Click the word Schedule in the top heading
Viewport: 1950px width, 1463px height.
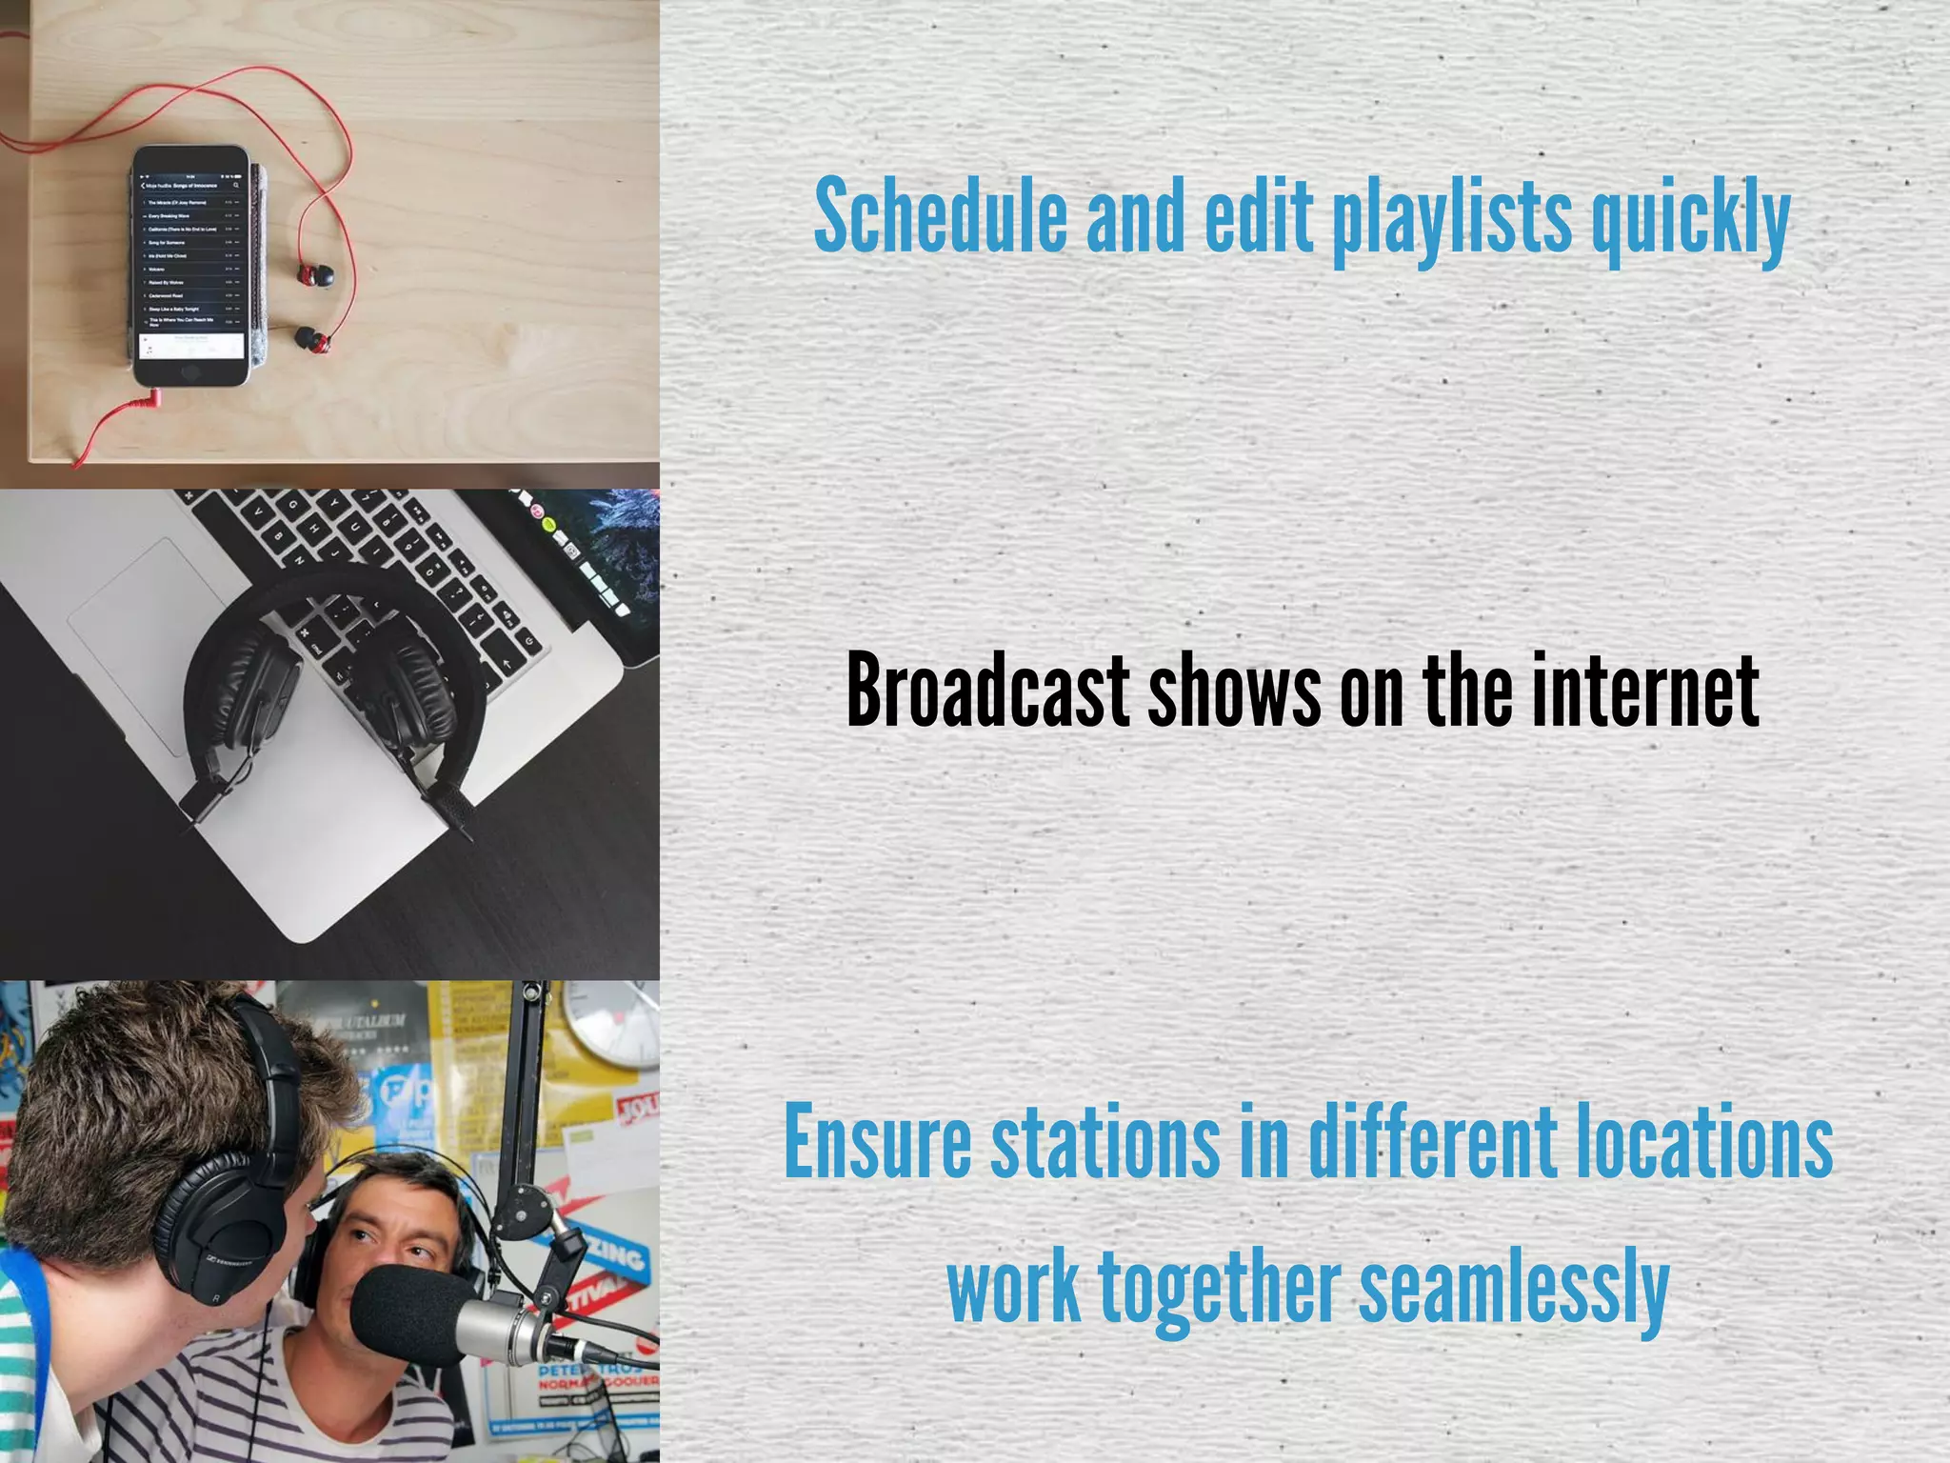point(941,216)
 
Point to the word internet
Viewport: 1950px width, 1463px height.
point(1646,690)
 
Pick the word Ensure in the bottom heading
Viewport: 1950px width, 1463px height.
point(877,1141)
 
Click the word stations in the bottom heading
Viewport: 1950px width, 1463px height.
point(1105,1141)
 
